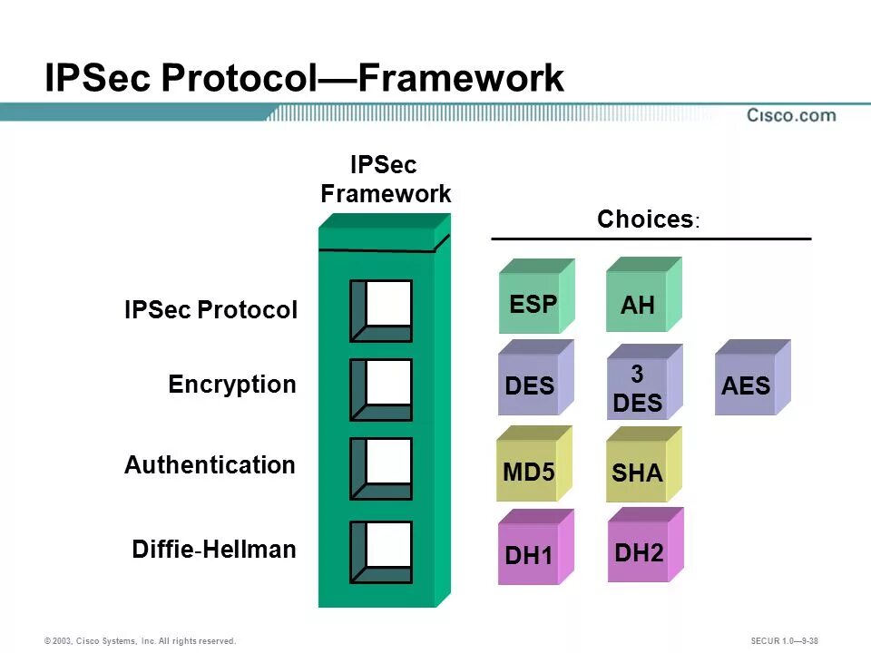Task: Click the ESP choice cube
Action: click(x=535, y=297)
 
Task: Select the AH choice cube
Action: click(x=642, y=297)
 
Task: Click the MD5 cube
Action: click(x=533, y=465)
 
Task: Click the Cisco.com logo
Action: click(x=791, y=115)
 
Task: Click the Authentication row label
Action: click(x=210, y=465)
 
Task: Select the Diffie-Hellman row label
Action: click(x=214, y=550)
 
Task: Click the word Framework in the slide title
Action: click(x=461, y=78)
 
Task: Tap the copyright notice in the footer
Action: click(x=140, y=641)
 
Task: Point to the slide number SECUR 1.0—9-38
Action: click(x=785, y=641)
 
